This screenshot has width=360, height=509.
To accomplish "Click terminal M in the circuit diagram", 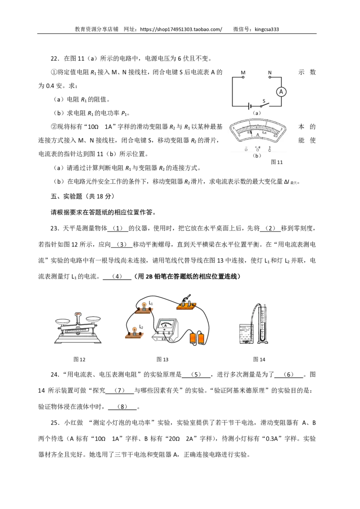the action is pyautogui.click(x=243, y=78).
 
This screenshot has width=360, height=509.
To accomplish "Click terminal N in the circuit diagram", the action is pyautogui.click(x=270, y=78).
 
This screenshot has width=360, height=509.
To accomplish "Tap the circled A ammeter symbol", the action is pyautogui.click(x=281, y=92).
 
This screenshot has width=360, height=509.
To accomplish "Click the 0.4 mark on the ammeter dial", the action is pyautogui.click(x=264, y=133).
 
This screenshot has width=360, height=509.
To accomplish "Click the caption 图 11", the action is pyautogui.click(x=277, y=162).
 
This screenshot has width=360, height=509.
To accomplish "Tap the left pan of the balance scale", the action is pyautogui.click(x=63, y=321).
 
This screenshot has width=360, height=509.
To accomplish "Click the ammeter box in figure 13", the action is pyautogui.click(x=165, y=330).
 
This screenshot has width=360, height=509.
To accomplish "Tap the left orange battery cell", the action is pyautogui.click(x=193, y=338).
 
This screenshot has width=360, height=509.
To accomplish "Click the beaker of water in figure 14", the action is pyautogui.click(x=247, y=333).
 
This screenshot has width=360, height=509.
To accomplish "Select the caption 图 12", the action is pyautogui.click(x=79, y=359).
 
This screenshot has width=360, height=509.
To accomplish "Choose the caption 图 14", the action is pyautogui.click(x=259, y=359).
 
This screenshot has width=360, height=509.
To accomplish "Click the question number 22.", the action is pyautogui.click(x=55, y=58).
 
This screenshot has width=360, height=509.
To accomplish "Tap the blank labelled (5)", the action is pyautogui.click(x=196, y=375).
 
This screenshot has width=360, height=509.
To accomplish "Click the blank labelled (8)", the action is pyautogui.click(x=122, y=407).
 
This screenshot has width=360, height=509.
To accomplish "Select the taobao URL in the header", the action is pyautogui.click(x=181, y=29).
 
